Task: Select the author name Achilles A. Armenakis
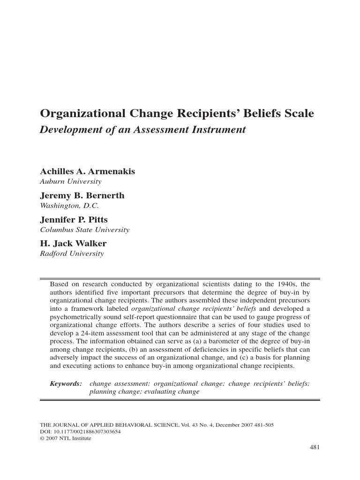tap(88, 172)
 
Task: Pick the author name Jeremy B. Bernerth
tap(82, 196)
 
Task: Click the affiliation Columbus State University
tap(85, 230)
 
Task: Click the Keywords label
tap(66, 383)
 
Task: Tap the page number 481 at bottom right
tap(315, 447)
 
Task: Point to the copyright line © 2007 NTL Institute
tap(66, 438)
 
